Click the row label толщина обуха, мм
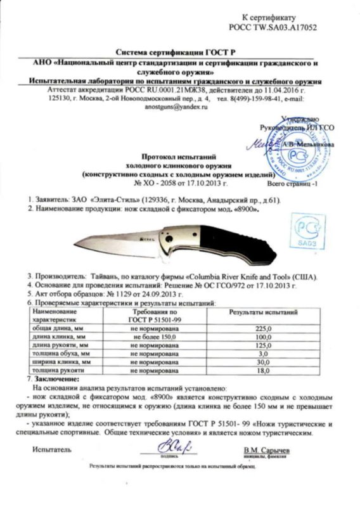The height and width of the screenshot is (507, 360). [x=63, y=354]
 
